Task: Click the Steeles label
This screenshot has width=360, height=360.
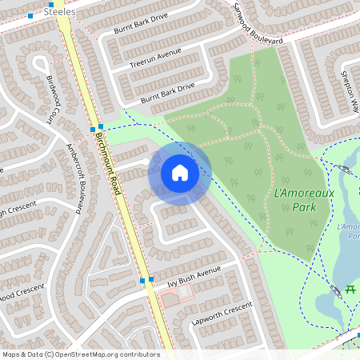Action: (61, 13)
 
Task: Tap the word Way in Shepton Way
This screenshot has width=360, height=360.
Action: (355, 105)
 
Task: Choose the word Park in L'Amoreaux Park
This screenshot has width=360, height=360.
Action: (303, 207)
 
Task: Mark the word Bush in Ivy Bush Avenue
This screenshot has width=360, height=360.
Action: (189, 276)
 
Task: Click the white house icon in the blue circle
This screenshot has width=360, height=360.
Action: (179, 172)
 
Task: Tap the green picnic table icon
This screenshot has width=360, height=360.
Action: (351, 288)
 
